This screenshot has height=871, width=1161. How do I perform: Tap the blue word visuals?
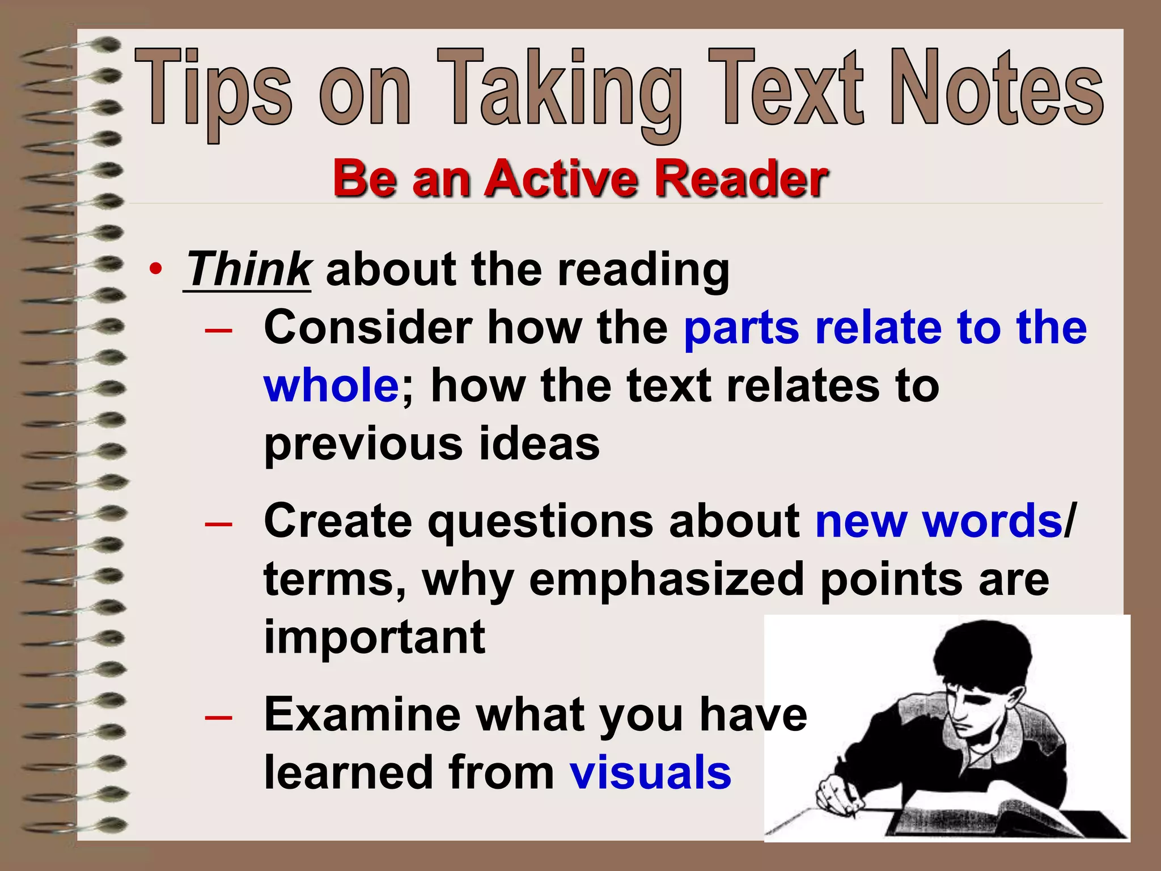[650, 772]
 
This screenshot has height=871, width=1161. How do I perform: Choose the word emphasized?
[667, 580]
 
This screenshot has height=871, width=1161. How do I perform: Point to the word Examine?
[363, 714]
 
